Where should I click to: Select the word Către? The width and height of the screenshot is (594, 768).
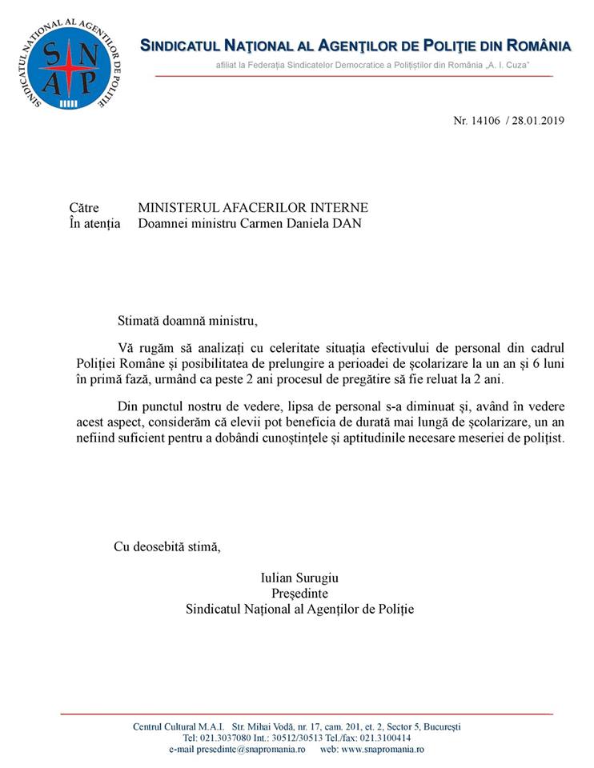click(x=85, y=208)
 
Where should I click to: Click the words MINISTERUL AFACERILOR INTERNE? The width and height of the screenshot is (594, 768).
click(x=242, y=208)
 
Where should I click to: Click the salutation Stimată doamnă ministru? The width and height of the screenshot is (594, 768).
click(x=187, y=322)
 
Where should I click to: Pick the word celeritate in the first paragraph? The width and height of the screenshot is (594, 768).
click(x=275, y=347)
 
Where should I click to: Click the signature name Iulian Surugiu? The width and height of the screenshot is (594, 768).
click(x=300, y=577)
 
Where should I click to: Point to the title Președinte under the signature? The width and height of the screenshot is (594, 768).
click(x=300, y=593)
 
